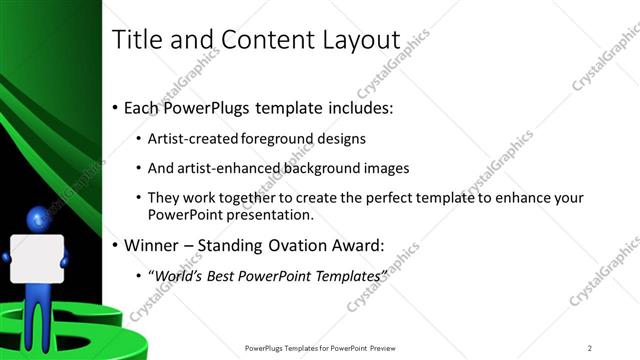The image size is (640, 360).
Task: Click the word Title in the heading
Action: tap(136, 39)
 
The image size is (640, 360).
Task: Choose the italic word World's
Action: tap(178, 275)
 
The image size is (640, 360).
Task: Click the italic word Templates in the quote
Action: tap(347, 275)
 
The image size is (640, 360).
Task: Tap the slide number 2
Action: tap(589, 348)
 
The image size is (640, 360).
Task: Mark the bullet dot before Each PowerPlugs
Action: tap(115, 108)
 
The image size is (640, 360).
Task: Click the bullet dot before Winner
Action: tap(115, 244)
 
